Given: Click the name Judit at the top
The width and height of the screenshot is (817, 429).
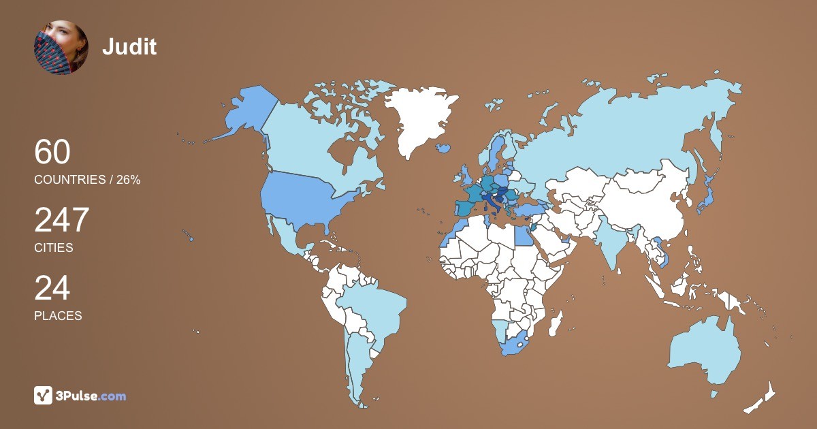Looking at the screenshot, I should click(129, 47).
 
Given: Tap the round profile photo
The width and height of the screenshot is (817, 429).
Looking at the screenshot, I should click(61, 47).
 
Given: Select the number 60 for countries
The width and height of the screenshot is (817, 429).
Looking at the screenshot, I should click(52, 152).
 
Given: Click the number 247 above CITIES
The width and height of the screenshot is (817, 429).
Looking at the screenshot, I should click(62, 221).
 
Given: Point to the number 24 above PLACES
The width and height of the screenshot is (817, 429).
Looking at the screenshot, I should click(52, 288).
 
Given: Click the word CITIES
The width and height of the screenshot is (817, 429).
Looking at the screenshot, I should click(54, 248).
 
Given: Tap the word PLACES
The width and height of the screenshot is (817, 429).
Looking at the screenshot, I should click(58, 316).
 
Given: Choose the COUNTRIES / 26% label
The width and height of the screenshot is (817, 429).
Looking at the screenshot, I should click(87, 180).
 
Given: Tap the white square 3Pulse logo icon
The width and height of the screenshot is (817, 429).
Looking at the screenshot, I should click(44, 396).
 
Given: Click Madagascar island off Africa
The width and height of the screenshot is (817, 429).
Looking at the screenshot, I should click(557, 321).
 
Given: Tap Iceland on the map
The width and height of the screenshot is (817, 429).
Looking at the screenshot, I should click(443, 147).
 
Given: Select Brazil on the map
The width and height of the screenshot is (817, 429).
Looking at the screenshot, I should click(371, 306).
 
